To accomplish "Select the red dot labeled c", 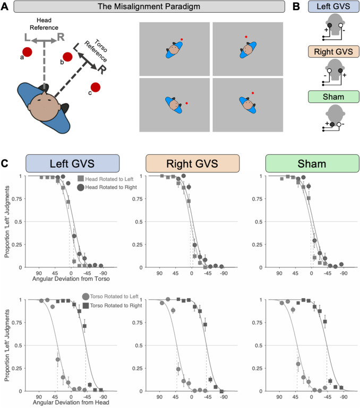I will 96,87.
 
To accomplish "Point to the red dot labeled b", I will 68,57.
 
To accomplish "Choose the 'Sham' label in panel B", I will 327,96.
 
